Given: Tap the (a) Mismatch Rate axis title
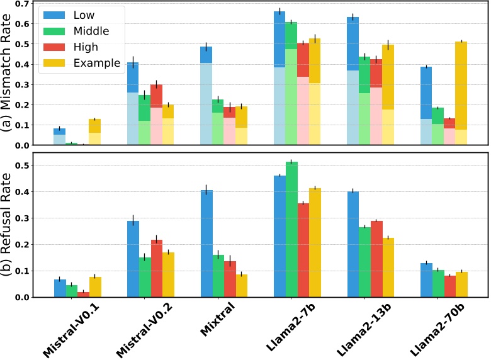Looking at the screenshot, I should click(x=9, y=74).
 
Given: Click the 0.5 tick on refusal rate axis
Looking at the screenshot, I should click(x=21, y=165).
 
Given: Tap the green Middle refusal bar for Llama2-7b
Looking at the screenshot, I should click(x=291, y=229).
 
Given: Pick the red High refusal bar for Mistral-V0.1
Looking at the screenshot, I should click(x=83, y=295).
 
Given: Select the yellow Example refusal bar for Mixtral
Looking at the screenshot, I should click(x=242, y=286).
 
